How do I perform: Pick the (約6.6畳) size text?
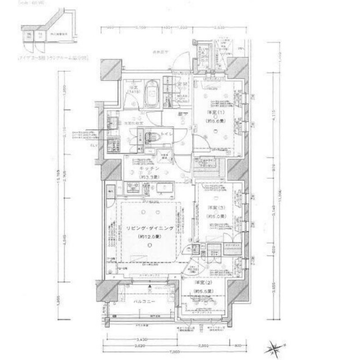pyautogui.click(x=214, y=121)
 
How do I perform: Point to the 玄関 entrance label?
pyautogui.click(x=183, y=85)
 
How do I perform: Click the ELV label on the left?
pyautogui.click(x=94, y=146)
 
